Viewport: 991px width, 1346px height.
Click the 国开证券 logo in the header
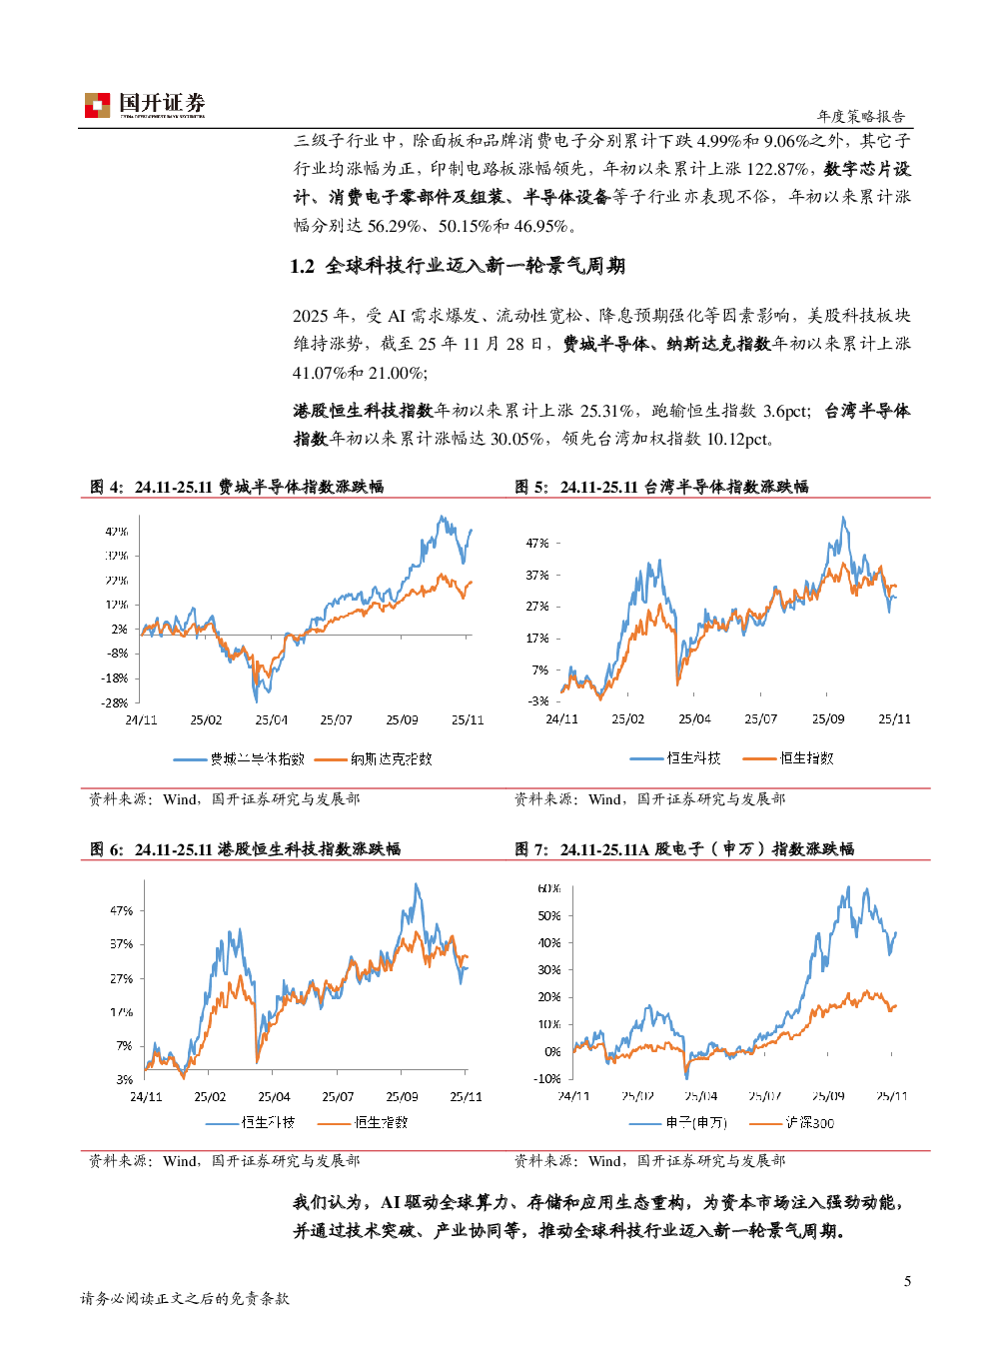(x=145, y=105)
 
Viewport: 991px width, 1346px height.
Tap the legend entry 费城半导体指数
(x=256, y=759)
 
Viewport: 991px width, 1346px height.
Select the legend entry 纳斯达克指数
(x=391, y=759)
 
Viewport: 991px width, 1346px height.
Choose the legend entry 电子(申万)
(x=695, y=1123)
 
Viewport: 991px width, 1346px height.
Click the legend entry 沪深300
(x=809, y=1123)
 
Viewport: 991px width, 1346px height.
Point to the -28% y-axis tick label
(x=116, y=702)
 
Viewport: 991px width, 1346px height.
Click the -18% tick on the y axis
(x=116, y=678)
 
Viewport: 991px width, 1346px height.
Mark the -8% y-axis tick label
(x=118, y=654)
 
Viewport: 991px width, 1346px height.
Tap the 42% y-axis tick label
(x=117, y=532)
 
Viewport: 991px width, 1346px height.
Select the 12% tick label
(x=117, y=605)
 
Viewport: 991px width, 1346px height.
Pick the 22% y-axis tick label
(x=117, y=581)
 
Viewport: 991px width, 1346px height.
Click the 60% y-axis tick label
(x=549, y=888)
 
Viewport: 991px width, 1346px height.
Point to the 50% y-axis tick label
(x=549, y=915)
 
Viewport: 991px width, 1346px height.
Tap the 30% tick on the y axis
(x=549, y=970)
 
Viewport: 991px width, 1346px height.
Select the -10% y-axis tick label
(x=547, y=1079)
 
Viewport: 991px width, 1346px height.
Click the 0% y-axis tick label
(x=552, y=1052)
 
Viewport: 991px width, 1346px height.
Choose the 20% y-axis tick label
(x=549, y=997)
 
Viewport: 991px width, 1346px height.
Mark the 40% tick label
(x=549, y=943)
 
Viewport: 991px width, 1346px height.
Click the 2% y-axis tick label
(x=120, y=630)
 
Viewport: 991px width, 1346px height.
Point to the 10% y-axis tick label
(x=549, y=1024)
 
